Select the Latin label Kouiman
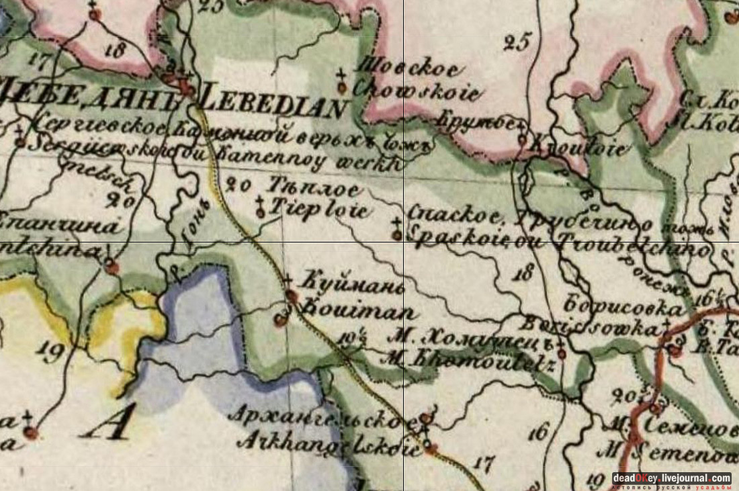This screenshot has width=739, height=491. pos(354,311)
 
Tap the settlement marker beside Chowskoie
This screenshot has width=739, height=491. pos(341,87)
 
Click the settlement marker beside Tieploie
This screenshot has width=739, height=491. pos(260,213)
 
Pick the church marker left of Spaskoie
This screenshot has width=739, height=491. pos(397,234)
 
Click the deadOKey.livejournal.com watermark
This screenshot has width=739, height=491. pos(671,478)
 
